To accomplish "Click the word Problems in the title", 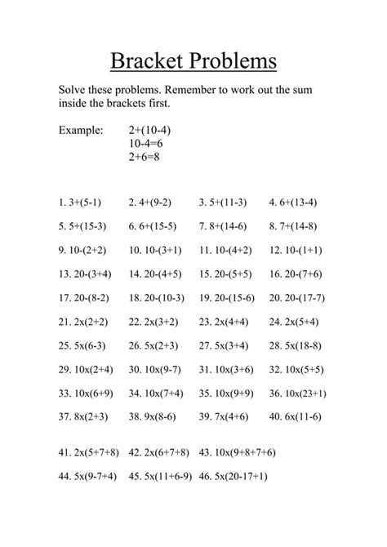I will [x=234, y=61].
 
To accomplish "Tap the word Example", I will [x=82, y=130].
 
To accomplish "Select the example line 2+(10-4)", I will [x=150, y=130].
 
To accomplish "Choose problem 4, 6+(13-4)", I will [x=293, y=202].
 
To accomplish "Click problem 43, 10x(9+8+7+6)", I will [x=237, y=451].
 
